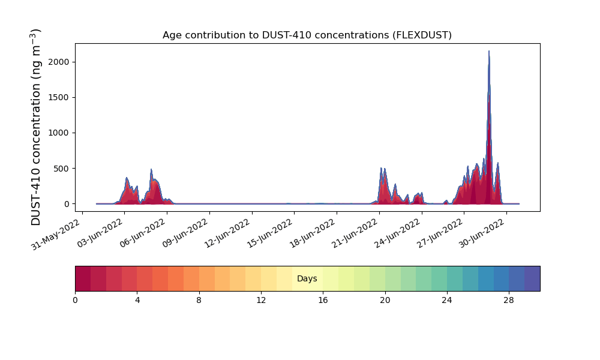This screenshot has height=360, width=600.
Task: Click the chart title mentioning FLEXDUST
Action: (307, 35)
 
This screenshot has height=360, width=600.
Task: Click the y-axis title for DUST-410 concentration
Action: (35, 127)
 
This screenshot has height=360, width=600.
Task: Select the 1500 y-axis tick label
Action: (59, 98)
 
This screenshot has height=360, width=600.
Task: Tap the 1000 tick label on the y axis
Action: (59, 133)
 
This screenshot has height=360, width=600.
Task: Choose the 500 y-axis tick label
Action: (61, 169)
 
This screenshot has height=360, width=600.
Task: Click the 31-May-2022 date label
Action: (56, 235)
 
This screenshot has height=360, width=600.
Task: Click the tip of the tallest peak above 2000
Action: (488, 51)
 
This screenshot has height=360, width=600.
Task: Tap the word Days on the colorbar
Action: (307, 278)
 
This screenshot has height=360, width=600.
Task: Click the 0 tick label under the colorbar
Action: (75, 301)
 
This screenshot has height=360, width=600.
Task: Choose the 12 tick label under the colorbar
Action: (261, 301)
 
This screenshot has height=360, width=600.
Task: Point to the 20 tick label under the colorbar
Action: (385, 301)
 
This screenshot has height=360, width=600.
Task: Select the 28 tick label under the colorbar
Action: (509, 301)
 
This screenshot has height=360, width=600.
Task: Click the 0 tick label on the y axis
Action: (67, 204)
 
